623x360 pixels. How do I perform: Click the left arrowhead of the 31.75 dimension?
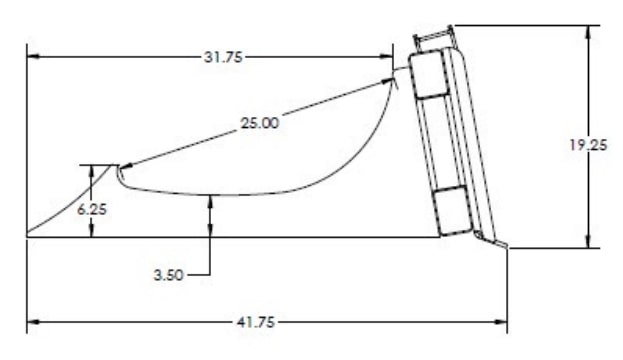[x=32, y=56]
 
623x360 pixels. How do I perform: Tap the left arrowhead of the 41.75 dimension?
[x=32, y=323]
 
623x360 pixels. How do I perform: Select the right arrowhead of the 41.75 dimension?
[x=503, y=323]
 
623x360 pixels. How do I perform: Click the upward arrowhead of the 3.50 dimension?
[x=211, y=200]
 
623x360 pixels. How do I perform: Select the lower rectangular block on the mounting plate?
[x=451, y=206]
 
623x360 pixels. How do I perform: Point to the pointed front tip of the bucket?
[x=28, y=236]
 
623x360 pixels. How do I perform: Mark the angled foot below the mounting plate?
[x=492, y=240]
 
